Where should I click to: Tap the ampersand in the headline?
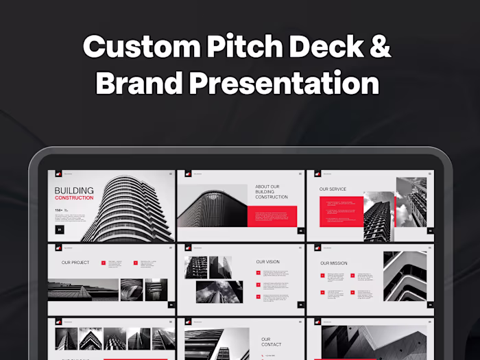click(381, 47)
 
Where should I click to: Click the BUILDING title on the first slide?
click(74, 191)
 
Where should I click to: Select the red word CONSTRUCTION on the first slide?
click(74, 198)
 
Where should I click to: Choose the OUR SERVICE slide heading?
click(333, 189)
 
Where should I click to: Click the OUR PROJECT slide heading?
click(75, 263)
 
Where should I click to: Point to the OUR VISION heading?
click(268, 261)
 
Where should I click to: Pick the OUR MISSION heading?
click(334, 263)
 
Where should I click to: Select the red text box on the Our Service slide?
click(341, 211)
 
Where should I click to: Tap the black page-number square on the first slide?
click(60, 230)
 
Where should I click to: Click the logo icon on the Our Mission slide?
click(317, 248)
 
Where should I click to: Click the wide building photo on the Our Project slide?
click(83, 290)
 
